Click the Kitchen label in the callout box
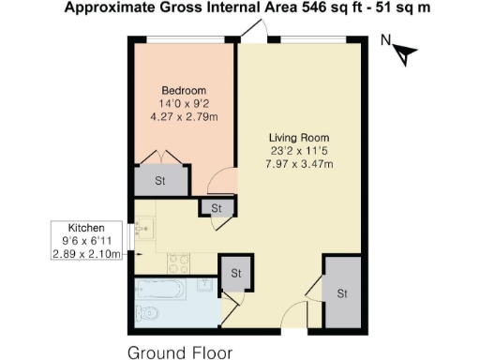click(85, 229)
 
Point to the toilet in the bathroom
click(146, 312)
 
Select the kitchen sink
click(143, 227)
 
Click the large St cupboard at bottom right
click(341, 293)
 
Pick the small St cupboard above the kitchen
click(216, 208)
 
